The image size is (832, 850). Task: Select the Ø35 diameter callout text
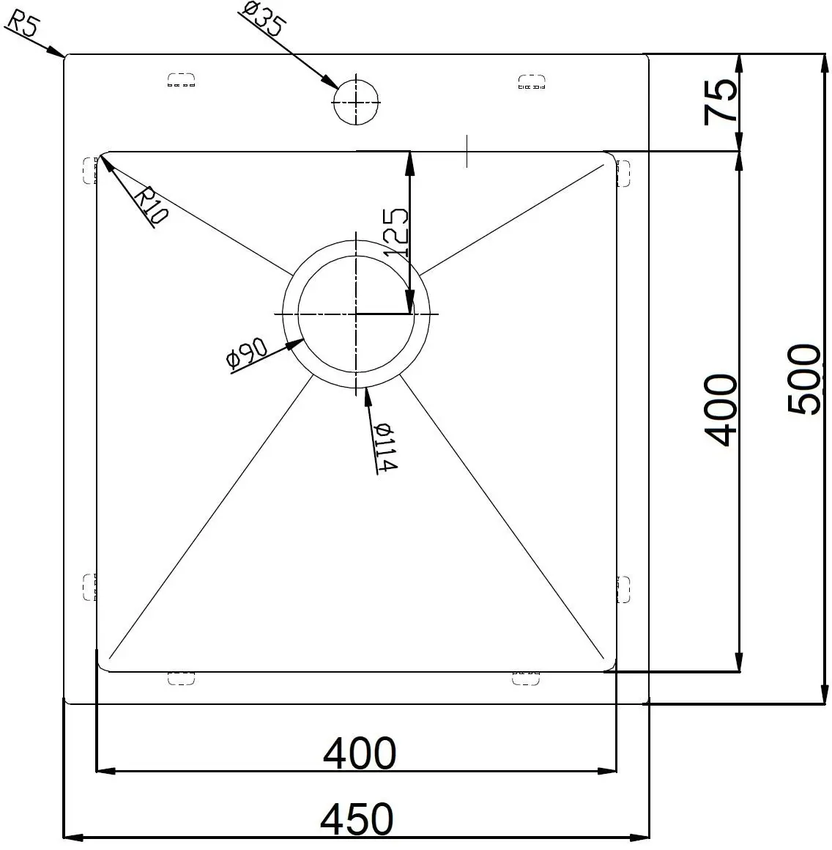pyautogui.click(x=262, y=18)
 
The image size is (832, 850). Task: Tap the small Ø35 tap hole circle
pyautogui.click(x=356, y=102)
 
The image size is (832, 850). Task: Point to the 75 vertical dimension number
pyautogui.click(x=721, y=102)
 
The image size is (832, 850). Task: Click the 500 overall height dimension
pyautogui.click(x=804, y=379)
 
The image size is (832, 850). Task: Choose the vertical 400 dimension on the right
pyautogui.click(x=721, y=410)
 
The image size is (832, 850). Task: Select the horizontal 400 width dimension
pyautogui.click(x=359, y=753)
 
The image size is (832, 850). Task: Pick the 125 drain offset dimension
pyautogui.click(x=395, y=232)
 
